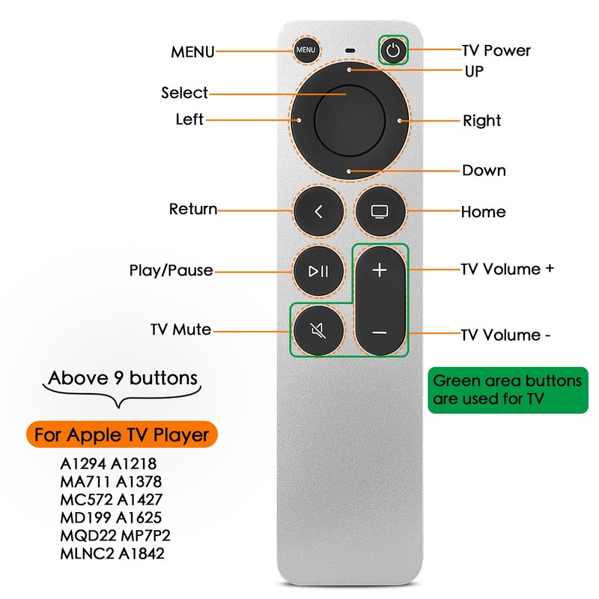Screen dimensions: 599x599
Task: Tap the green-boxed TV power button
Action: click(395, 51)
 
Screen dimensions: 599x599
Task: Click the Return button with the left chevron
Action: click(319, 211)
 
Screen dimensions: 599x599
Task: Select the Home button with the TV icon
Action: click(379, 211)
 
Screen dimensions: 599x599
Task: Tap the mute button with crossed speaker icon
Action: click(319, 329)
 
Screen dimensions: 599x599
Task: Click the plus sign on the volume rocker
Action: click(380, 270)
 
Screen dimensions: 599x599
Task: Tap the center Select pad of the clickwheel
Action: click(350, 120)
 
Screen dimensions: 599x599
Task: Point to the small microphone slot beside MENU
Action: click(350, 51)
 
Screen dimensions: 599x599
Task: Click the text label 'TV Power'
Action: click(496, 51)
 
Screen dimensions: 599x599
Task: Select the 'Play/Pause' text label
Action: click(171, 270)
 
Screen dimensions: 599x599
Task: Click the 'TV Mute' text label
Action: click(180, 329)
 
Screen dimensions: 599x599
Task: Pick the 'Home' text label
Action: click(483, 212)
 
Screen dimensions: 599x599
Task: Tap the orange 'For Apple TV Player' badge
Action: click(121, 434)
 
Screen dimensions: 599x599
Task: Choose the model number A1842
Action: click(142, 554)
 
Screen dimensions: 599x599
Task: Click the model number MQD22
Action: click(82, 536)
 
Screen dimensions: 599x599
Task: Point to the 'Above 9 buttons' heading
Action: click(124, 378)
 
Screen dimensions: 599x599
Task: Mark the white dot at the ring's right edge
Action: click(401, 120)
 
